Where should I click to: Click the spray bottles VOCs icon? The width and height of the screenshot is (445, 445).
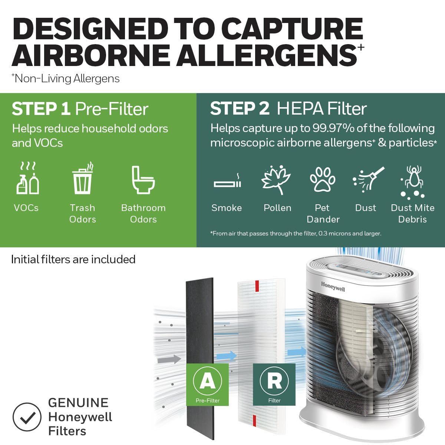(x=28, y=179)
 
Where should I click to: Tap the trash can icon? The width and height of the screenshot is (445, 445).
(x=82, y=179)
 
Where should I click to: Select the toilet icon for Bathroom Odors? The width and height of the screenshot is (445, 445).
(x=143, y=180)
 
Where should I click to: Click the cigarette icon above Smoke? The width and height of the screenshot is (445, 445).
(x=227, y=182)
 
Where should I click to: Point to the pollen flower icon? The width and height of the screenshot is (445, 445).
(x=276, y=180)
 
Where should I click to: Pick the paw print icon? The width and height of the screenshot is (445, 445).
(x=322, y=179)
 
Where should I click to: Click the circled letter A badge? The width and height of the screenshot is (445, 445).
(x=207, y=381)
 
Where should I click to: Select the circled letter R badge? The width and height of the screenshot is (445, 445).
(x=274, y=381)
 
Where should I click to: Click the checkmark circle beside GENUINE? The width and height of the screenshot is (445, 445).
(x=27, y=417)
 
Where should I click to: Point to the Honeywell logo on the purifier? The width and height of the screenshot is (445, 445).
(x=333, y=286)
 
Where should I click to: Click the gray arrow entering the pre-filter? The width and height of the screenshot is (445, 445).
(x=169, y=359)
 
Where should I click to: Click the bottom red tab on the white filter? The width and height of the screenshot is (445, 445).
(x=254, y=421)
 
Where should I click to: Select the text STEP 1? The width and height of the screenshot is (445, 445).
(x=41, y=109)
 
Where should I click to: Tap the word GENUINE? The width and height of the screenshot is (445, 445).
(x=78, y=403)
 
